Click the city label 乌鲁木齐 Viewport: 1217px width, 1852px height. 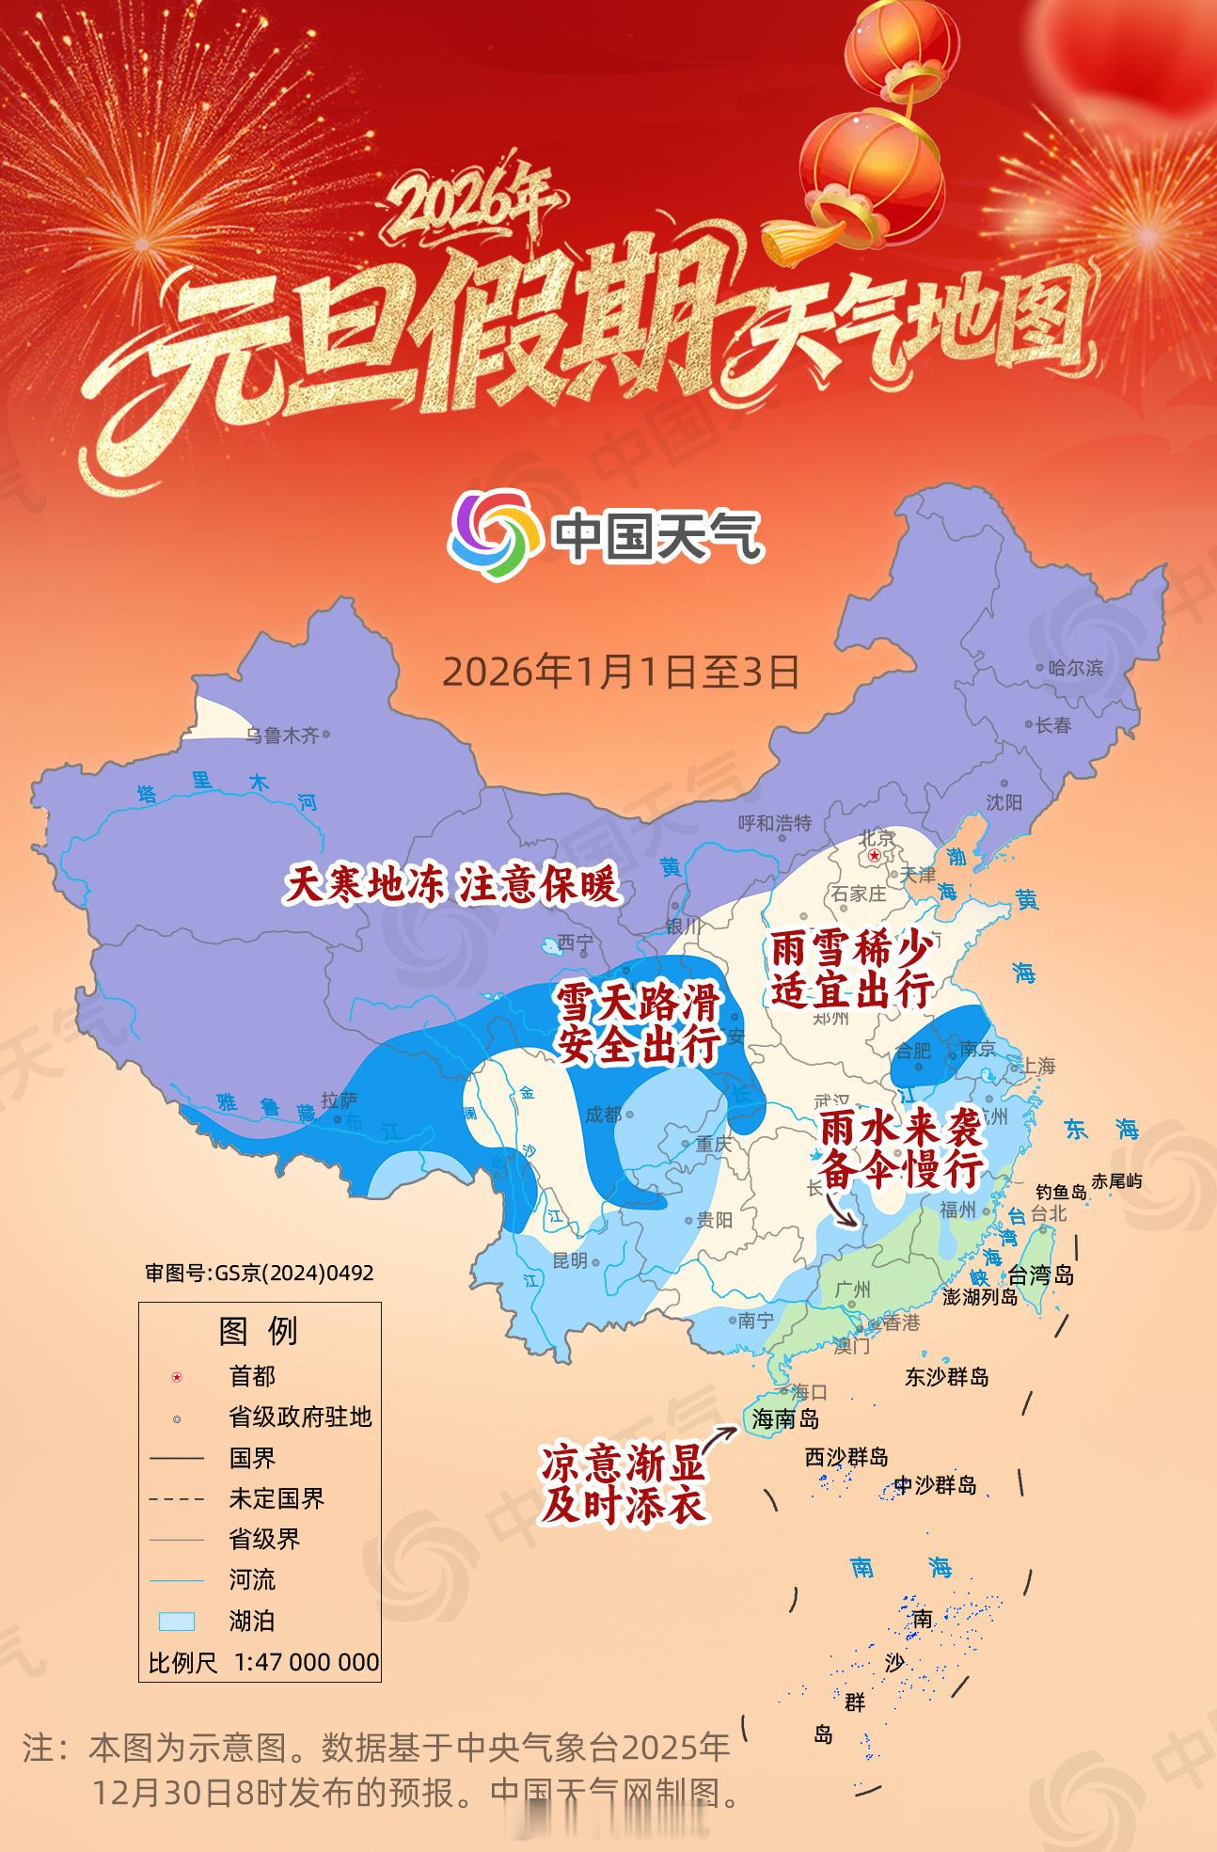(x=282, y=736)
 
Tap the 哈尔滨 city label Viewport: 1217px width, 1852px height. (x=1076, y=668)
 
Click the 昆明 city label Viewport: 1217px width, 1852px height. (x=570, y=1260)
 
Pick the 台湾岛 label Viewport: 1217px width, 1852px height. (x=1041, y=1276)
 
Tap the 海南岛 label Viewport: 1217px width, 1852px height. (x=785, y=1419)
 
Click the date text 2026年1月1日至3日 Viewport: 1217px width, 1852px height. (x=621, y=672)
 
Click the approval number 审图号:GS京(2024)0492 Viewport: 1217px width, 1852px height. (x=260, y=1273)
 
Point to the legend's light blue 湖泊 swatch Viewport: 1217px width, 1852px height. (x=177, y=1621)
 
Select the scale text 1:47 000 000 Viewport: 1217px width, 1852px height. (x=307, y=1662)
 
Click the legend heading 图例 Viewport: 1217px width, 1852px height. (x=259, y=1331)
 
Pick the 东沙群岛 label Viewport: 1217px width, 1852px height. (x=946, y=1377)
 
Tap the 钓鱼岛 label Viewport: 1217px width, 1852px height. (x=1061, y=1192)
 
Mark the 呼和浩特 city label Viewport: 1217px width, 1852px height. (x=774, y=823)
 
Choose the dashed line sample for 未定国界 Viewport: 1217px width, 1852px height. (x=177, y=1498)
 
